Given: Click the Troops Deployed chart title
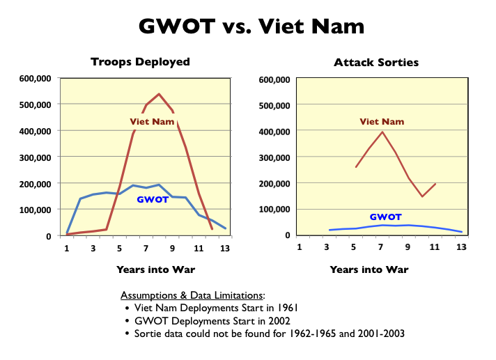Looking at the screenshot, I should click(x=140, y=62).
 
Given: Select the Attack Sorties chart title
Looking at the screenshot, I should click(x=376, y=62).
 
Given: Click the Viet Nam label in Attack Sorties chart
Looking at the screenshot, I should click(x=382, y=122).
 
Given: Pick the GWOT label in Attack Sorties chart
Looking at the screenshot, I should click(x=386, y=217).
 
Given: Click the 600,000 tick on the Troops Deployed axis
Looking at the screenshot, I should click(x=34, y=79).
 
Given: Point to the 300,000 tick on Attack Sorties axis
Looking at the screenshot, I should click(x=274, y=157).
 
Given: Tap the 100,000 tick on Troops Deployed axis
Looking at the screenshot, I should click(x=34, y=210).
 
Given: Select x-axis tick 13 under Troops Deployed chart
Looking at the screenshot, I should click(x=224, y=249).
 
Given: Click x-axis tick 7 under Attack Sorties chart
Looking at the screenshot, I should click(x=381, y=249).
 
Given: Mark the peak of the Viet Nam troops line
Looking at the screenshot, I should click(x=159, y=94).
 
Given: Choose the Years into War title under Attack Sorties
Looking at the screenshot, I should click(x=369, y=269).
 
